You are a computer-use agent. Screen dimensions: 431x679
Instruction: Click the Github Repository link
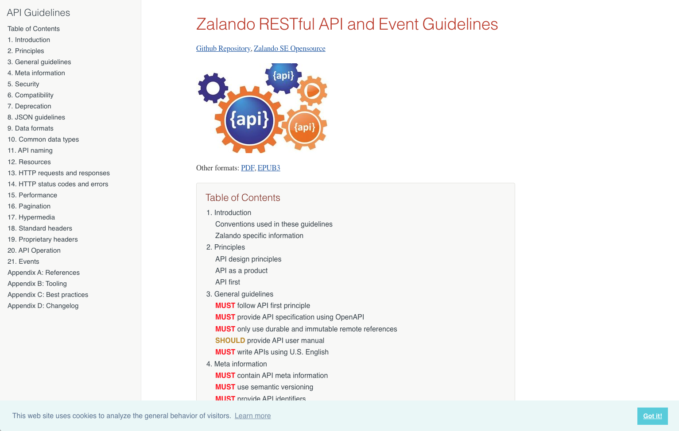223,49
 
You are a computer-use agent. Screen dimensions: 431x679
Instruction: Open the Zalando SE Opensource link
289,49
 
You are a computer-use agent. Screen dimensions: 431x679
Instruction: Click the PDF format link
248,168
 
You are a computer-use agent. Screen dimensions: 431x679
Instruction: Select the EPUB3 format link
269,168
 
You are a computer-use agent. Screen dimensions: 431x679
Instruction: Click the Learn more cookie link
252,416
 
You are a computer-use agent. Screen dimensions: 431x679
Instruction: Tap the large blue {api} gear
249,120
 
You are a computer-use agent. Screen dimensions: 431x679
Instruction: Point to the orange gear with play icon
312,91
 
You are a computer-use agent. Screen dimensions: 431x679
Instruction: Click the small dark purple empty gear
213,88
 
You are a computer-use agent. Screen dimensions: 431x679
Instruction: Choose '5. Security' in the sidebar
23,84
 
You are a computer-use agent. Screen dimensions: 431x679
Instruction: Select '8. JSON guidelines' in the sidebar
36,117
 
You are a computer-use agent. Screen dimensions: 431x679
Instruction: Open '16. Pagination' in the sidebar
29,206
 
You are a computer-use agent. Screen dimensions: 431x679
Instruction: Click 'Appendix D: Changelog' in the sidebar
43,306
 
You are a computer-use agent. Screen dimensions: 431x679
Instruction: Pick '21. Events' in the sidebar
23,262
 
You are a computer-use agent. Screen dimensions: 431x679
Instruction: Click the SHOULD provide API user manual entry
269,341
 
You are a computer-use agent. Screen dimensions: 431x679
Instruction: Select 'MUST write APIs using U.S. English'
272,352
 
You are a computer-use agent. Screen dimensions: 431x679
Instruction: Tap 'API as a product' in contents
241,271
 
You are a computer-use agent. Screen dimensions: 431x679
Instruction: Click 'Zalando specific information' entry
259,236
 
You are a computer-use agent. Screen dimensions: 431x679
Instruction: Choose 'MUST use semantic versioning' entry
264,387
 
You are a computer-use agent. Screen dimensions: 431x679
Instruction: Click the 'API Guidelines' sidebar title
39,13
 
